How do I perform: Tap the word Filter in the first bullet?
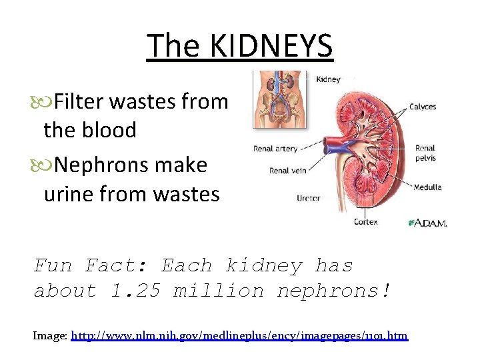[x=79, y=102]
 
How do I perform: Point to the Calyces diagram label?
[x=423, y=106]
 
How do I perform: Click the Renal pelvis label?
[x=425, y=153]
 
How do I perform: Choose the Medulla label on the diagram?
[x=427, y=187]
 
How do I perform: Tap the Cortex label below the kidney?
[x=367, y=221]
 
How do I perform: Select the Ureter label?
[x=309, y=198]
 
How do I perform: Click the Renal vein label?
[x=287, y=171]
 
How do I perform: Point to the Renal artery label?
[x=275, y=149]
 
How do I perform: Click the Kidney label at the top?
[x=327, y=79]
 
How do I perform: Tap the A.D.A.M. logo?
[x=427, y=223]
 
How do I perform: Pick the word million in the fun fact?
[x=219, y=291]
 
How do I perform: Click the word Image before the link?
[x=49, y=335]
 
